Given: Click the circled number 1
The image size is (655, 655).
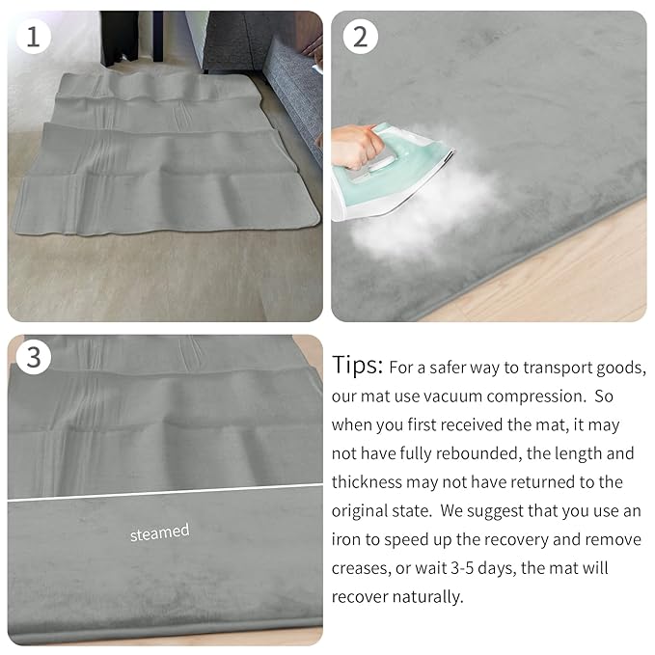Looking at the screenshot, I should click(x=35, y=37).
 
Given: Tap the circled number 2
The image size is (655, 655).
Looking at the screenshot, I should click(x=360, y=37).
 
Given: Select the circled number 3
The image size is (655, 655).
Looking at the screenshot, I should click(x=35, y=358).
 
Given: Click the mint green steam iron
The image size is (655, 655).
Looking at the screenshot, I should click(x=396, y=169).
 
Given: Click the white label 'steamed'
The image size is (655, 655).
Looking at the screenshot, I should click(x=160, y=532).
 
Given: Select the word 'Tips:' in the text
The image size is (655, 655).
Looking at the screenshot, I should click(x=358, y=367).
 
